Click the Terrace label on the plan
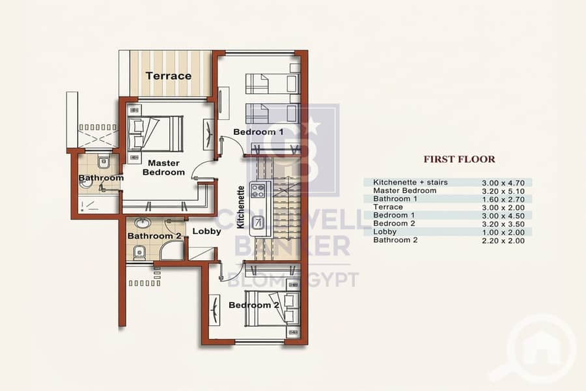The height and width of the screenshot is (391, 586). coord(169,76)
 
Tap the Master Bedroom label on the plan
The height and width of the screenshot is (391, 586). coord(163,167)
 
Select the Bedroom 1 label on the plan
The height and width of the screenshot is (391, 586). coord(258,132)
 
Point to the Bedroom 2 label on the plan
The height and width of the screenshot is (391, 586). coord(254,305)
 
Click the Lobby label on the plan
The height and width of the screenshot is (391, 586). coord(206,231)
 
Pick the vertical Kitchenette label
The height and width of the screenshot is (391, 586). coord(241,207)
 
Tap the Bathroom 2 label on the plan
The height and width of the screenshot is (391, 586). coord(154,236)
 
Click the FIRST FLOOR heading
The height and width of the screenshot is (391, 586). coord(459,159)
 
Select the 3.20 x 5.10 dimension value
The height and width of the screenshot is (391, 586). coord(503,191)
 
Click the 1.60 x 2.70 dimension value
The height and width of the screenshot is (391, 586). coord(503,199)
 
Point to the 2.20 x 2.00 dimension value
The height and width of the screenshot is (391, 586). coord(503,240)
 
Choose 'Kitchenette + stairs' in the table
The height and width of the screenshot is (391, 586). coord(410,182)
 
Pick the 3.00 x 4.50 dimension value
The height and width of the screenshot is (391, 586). coord(503,216)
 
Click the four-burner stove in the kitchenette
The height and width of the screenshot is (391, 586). coord(258,190)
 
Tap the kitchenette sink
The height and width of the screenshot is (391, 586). coord(257,223)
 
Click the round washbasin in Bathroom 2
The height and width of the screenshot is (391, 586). coord(142,223)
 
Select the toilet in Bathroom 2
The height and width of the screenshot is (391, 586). coord(139,253)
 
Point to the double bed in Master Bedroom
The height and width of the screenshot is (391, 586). coord(155,134)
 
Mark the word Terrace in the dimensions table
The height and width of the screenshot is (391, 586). coord(388,207)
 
